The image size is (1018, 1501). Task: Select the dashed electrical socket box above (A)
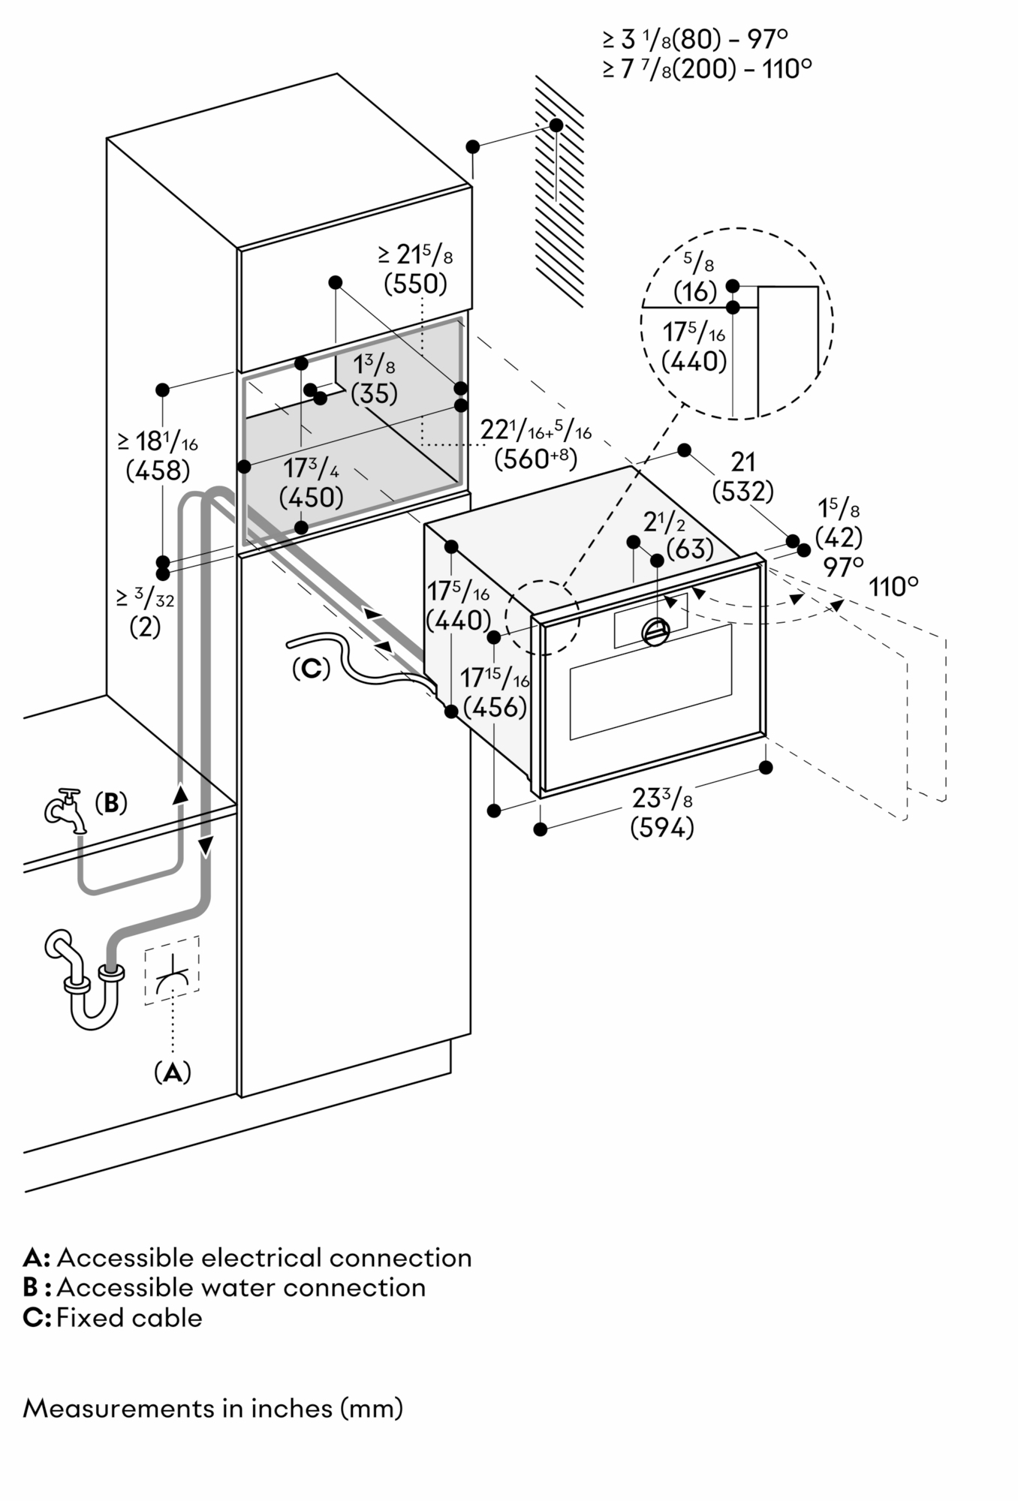[172, 970]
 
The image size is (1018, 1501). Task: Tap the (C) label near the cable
[311, 668]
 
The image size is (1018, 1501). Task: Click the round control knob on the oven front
[655, 632]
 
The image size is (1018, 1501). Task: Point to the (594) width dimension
[661, 828]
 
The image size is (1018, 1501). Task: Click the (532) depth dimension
[742, 492]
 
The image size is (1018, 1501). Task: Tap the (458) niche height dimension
[158, 471]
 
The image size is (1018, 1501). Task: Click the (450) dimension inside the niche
[311, 496]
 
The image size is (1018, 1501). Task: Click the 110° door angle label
[893, 587]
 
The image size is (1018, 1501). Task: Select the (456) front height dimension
[494, 706]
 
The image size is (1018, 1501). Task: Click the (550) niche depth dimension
[415, 284]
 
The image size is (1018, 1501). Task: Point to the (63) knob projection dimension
[669, 549]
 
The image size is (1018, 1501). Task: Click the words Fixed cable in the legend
[129, 1317]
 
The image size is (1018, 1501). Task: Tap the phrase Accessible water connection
[241, 1287]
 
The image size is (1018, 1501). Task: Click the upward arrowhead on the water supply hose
[180, 794]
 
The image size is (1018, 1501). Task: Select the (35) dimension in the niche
[374, 393]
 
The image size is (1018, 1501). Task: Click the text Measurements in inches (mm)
[213, 1408]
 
